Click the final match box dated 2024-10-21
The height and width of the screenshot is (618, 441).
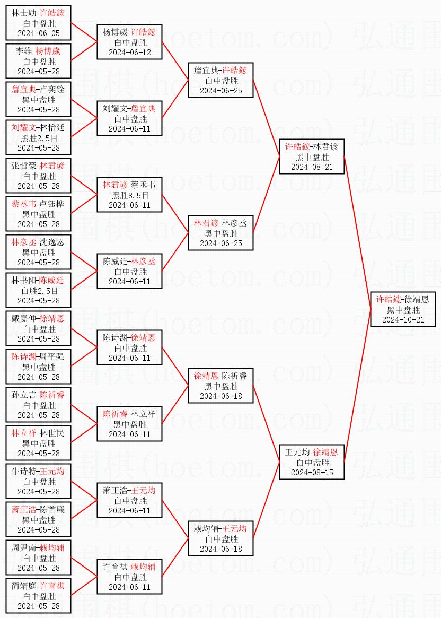[403, 309]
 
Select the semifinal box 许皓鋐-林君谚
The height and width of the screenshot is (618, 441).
[312, 156]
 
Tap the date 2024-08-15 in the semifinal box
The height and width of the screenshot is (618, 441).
[312, 472]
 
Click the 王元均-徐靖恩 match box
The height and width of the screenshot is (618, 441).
[312, 462]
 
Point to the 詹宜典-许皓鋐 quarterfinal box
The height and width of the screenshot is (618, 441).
[220, 80]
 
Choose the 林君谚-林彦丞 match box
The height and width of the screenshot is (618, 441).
[220, 233]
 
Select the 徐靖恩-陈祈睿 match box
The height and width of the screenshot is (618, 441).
[220, 386]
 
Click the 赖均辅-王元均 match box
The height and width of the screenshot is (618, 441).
[220, 538]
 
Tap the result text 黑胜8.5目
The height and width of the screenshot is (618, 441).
[129, 195]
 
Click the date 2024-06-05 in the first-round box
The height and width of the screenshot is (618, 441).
[38, 33]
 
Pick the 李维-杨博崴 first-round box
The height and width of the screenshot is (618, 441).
[38, 61]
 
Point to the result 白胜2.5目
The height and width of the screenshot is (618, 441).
[38, 291]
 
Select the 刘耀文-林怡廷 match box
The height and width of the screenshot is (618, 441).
[38, 137]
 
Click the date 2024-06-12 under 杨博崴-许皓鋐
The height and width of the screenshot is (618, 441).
[129, 53]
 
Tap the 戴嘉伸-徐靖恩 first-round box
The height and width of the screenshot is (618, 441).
[38, 328]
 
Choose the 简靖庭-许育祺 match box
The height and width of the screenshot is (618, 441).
[38, 596]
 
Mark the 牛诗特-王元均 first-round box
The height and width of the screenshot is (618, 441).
[38, 481]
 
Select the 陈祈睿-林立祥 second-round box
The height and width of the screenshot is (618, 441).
[129, 424]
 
